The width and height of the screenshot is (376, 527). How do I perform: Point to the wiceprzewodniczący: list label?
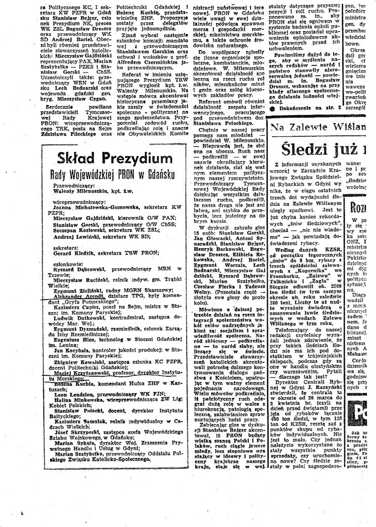coord(79,202)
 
